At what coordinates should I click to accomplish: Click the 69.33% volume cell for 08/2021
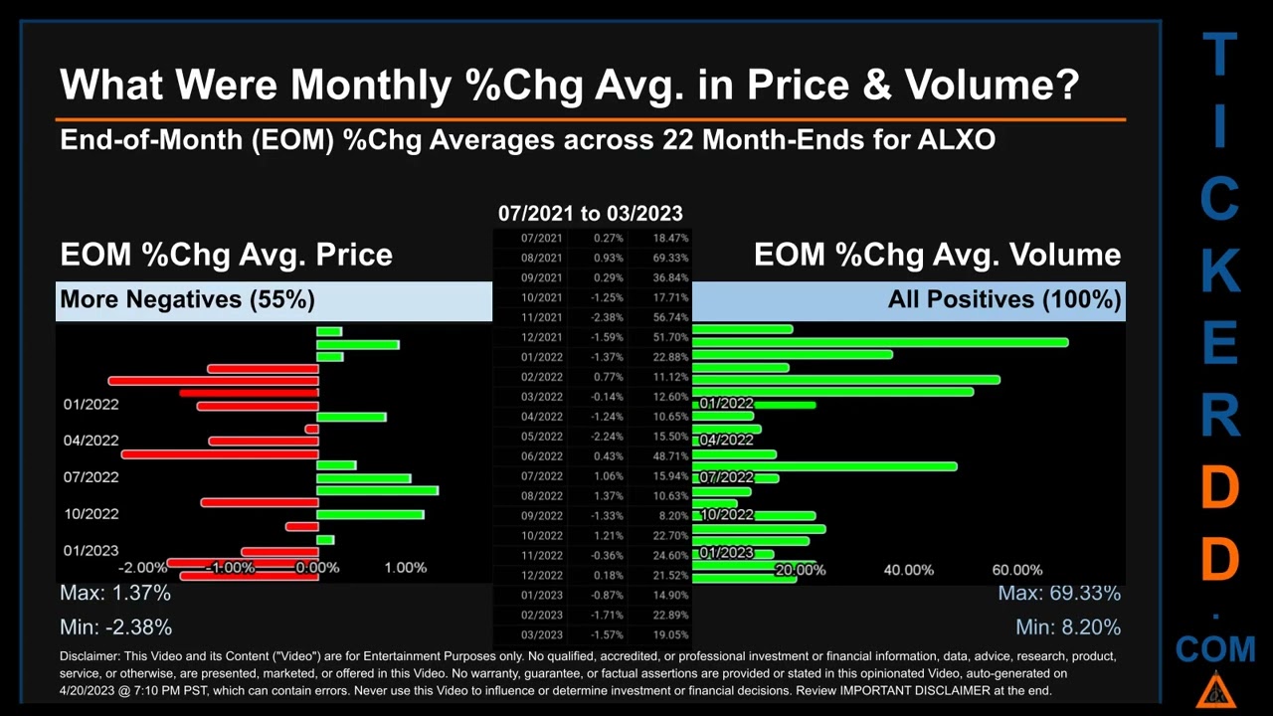[670, 258]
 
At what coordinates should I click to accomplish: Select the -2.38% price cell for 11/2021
[608, 317]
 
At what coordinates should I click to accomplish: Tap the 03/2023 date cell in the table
[542, 634]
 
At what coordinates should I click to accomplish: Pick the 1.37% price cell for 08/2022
[608, 495]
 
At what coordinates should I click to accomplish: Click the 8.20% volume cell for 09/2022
[672, 515]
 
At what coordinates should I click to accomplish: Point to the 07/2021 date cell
[542, 238]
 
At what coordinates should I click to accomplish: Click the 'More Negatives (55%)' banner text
[187, 299]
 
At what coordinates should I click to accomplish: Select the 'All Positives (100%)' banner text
[1004, 299]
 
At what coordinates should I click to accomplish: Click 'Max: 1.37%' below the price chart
[115, 593]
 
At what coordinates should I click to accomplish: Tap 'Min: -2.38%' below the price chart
[116, 627]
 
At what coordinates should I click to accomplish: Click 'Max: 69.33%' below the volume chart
[1059, 593]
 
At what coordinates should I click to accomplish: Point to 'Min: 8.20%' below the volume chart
[1068, 627]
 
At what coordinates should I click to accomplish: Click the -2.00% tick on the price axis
[142, 568]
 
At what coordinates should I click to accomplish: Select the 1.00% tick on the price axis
[405, 568]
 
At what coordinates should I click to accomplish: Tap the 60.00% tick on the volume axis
[1016, 570]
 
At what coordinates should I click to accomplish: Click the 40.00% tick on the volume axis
[908, 570]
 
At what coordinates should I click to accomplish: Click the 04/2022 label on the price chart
[91, 441]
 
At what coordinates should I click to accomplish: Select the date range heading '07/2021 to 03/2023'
[590, 213]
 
